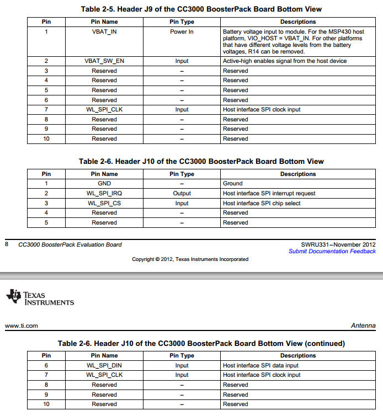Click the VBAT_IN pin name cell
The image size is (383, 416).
click(x=104, y=32)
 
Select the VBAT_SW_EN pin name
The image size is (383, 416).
click(x=104, y=61)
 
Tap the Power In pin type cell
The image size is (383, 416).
click(x=182, y=32)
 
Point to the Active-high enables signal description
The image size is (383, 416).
click(x=285, y=61)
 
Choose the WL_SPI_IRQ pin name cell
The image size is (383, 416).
click(x=104, y=194)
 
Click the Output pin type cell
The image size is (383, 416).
click(x=182, y=194)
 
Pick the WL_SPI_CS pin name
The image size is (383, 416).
click(x=104, y=204)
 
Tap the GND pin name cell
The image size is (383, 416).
click(x=104, y=184)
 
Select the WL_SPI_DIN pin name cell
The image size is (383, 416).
click(x=104, y=365)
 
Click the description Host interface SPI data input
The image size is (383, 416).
click(x=260, y=365)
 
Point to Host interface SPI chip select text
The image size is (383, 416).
click(x=262, y=204)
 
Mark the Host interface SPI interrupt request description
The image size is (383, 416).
click(x=269, y=194)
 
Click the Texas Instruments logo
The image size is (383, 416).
click(x=40, y=297)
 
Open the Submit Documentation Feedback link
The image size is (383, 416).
click(x=332, y=252)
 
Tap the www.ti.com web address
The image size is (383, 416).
click(x=22, y=326)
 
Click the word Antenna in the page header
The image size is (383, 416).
click(x=363, y=326)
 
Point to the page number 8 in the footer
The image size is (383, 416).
click(x=7, y=244)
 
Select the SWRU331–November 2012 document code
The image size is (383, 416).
click(x=338, y=244)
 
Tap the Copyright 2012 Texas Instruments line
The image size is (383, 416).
click(x=190, y=259)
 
